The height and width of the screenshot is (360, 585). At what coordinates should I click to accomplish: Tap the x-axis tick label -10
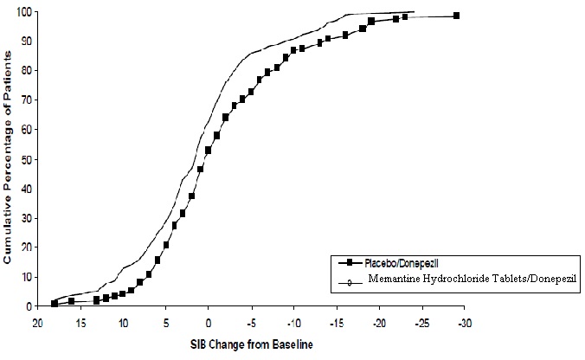pos(293,322)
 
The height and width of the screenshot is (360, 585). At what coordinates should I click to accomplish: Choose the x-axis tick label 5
pos(166,322)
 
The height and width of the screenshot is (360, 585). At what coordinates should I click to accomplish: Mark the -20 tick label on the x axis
pos(379,322)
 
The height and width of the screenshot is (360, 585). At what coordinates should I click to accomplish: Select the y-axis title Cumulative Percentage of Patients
pos(8,158)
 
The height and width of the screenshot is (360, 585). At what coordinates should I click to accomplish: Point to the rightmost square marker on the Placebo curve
pos(457,16)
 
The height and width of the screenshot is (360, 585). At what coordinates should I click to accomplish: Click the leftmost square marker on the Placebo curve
pos(55,303)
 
